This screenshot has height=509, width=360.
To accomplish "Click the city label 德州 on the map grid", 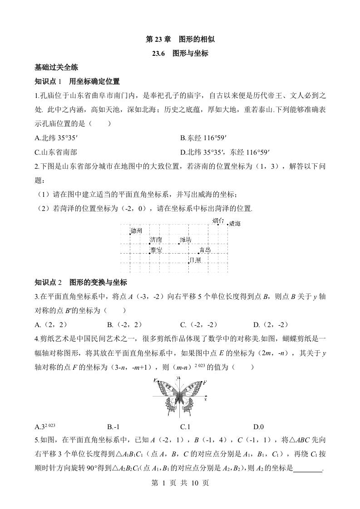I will coord(137,231).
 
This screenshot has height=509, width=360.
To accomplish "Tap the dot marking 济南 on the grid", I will coord(149,244).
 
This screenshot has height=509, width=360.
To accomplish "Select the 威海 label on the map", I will coord(235,223).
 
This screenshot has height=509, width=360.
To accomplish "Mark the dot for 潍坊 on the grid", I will coord(179,244).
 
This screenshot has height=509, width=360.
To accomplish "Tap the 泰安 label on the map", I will coord(157,250).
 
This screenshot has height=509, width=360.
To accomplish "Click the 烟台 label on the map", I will coord(218,221).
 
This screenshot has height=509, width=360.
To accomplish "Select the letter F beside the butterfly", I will coord(205,383).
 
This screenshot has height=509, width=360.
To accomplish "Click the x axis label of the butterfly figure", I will coord(206,398).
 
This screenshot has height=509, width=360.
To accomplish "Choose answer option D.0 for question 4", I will coord(259,426).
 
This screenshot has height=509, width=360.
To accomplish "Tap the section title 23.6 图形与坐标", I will coord(180,53).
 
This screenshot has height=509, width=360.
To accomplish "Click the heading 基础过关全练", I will coord(56,68).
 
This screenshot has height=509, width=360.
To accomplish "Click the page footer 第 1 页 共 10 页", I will coord(180,484).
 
